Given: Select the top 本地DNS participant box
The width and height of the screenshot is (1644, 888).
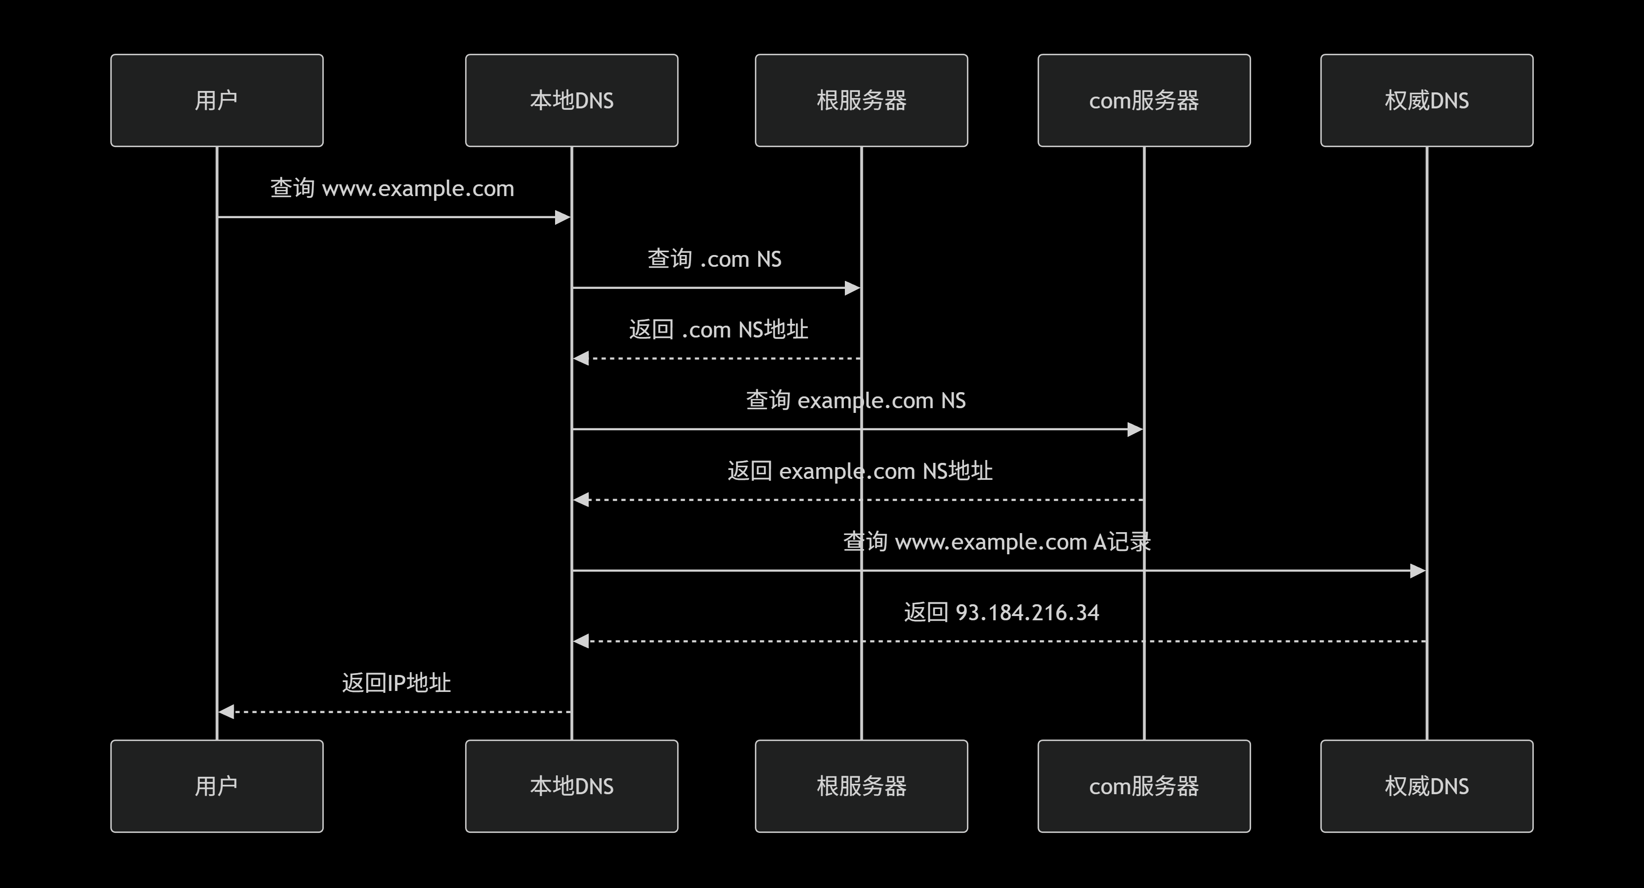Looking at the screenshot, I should pos(571,100).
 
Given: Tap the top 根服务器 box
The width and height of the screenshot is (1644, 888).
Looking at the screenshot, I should pos(861,100).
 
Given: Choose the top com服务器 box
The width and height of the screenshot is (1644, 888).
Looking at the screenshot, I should pos(1144,100).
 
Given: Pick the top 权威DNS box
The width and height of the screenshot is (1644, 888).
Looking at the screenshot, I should pos(1426,100).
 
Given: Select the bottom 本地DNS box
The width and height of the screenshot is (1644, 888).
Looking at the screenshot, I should pos(571,786).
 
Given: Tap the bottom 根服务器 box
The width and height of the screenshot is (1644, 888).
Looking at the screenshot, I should pos(861,786).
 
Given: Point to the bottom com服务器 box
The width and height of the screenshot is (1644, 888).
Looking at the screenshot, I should pos(1144,786).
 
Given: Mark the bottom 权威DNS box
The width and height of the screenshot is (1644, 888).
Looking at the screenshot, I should pos(1426,786).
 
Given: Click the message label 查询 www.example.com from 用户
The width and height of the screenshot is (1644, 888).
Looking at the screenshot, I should pos(392,189).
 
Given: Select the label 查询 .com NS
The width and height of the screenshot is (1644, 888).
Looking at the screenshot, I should pos(714,259).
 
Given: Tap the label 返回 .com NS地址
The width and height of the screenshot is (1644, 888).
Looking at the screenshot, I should pos(718,329).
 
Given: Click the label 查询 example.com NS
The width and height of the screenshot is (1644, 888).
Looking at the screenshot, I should pos(855,400).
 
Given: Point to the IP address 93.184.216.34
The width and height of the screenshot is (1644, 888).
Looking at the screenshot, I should pos(1027,613).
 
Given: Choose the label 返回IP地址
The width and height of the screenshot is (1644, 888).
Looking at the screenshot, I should pos(396,683).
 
